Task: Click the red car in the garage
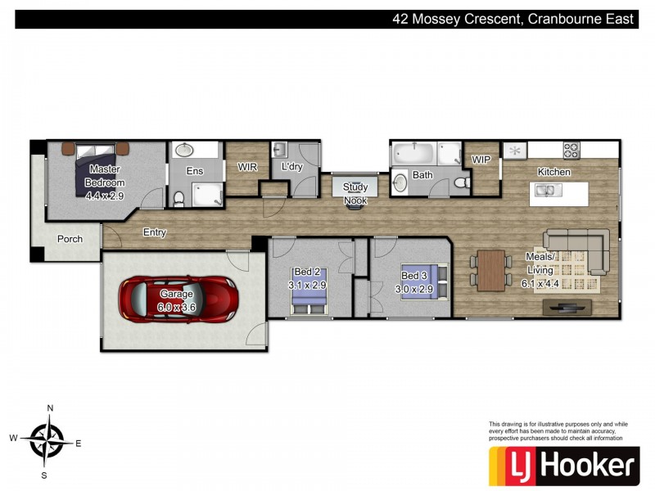pyautogui.click(x=178, y=299)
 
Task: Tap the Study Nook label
pyautogui.click(x=355, y=194)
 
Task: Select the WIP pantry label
pyautogui.click(x=481, y=160)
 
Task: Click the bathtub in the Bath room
pyautogui.click(x=413, y=154)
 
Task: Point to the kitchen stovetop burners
pyautogui.click(x=571, y=151)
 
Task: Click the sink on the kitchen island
pyautogui.click(x=549, y=191)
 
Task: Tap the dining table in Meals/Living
pyautogui.click(x=491, y=270)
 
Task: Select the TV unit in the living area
pyautogui.click(x=567, y=308)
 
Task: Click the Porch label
pyautogui.click(x=70, y=239)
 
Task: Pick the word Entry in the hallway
pyautogui.click(x=155, y=232)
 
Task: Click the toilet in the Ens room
pyautogui.click(x=178, y=199)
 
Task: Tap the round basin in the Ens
pyautogui.click(x=183, y=150)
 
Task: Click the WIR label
pyautogui.click(x=247, y=167)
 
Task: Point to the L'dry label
pyautogui.click(x=291, y=167)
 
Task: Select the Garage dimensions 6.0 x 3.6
pyautogui.click(x=176, y=308)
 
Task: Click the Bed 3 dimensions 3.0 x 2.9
pyautogui.click(x=414, y=289)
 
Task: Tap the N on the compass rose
pyautogui.click(x=50, y=408)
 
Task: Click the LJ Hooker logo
pyautogui.click(x=564, y=466)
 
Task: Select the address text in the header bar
pyautogui.click(x=513, y=19)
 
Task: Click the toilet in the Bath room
pyautogui.click(x=462, y=182)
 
